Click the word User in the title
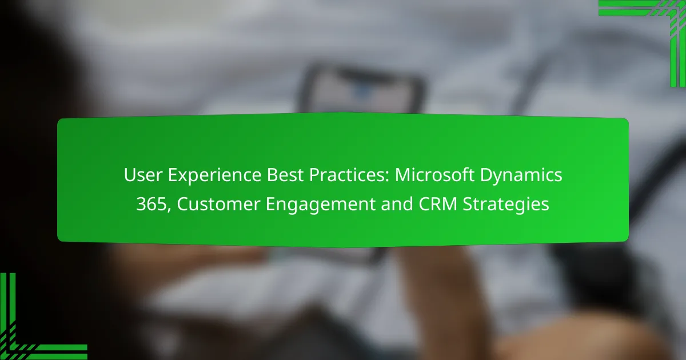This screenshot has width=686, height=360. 143,175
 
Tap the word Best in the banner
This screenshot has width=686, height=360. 285,175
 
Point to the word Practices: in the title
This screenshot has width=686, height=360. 349,175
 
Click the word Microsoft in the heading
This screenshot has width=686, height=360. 434,175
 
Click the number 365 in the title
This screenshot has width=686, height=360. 151,204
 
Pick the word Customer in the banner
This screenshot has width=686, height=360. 218,204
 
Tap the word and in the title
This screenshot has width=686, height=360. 397,204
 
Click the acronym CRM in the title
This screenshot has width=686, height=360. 438,204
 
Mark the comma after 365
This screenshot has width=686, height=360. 169,210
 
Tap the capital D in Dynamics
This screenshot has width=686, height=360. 486,175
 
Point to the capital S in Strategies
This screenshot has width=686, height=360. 468,204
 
